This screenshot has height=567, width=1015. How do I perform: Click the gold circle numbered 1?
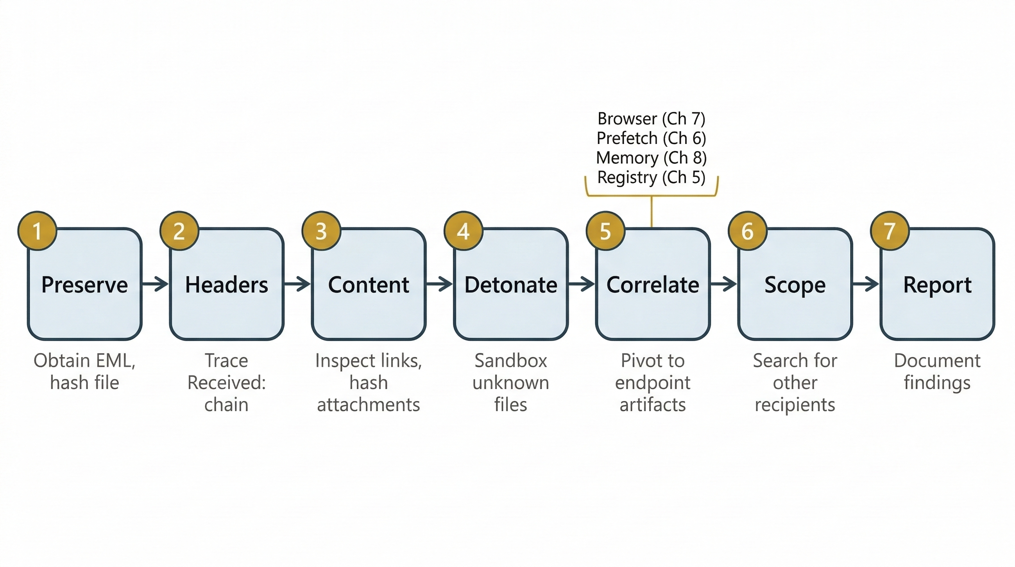37,231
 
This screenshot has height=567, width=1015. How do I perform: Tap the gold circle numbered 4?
463,231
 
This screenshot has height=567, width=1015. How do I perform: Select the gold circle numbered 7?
890,231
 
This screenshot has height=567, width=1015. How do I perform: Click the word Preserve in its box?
85,285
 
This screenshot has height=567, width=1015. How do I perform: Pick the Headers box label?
226,285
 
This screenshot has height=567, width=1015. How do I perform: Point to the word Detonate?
511,285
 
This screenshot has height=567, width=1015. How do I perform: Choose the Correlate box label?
652,285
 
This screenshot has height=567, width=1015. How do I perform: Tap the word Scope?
795,285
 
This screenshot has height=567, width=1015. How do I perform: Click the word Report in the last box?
937,285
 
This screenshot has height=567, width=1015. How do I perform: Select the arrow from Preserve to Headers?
155,283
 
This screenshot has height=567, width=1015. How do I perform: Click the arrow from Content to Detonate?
439,283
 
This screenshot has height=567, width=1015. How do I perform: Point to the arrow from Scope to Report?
866,283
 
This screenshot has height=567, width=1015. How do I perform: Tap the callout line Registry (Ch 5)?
651,178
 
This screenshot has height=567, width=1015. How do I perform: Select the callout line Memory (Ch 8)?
651,158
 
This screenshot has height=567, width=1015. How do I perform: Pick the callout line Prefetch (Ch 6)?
651,138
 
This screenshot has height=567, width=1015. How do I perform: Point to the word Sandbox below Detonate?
511,360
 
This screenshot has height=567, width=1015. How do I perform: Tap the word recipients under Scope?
795,405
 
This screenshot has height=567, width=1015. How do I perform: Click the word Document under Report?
937,360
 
